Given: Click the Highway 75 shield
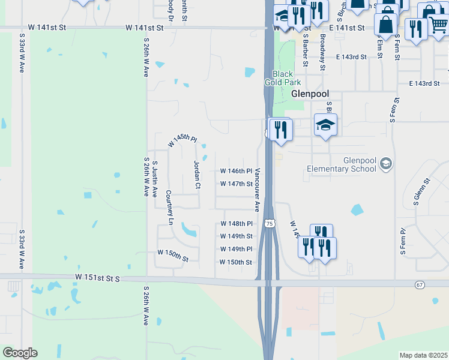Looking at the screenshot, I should (x=271, y=223).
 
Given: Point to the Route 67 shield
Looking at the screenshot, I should (x=420, y=283).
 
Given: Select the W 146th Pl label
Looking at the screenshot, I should (x=236, y=171).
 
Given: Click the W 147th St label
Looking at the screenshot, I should (x=236, y=184).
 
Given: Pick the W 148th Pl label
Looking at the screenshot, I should (x=236, y=224).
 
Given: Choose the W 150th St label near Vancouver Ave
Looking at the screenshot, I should (x=236, y=262).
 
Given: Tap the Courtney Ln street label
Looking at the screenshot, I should (x=170, y=208).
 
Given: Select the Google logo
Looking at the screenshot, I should (x=20, y=353).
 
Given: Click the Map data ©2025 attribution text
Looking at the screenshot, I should (x=423, y=355).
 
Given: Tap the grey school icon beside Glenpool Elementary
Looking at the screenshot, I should (x=386, y=163).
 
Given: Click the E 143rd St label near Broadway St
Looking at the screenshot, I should (x=351, y=56).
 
